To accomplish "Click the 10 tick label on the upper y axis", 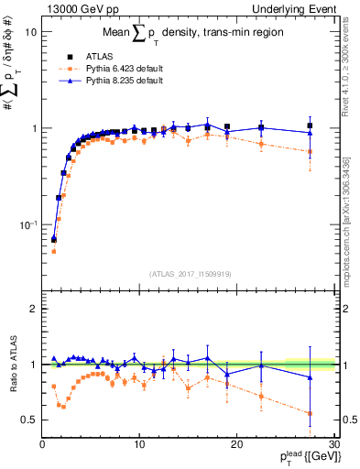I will click(31, 32).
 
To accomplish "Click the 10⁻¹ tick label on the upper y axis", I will click(27, 224).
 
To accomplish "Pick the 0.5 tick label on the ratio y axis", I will click(28, 420).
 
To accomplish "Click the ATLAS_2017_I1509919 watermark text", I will click(188, 273).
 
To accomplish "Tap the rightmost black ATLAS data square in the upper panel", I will click(310, 125).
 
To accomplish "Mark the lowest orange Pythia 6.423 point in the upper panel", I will click(53, 251).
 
